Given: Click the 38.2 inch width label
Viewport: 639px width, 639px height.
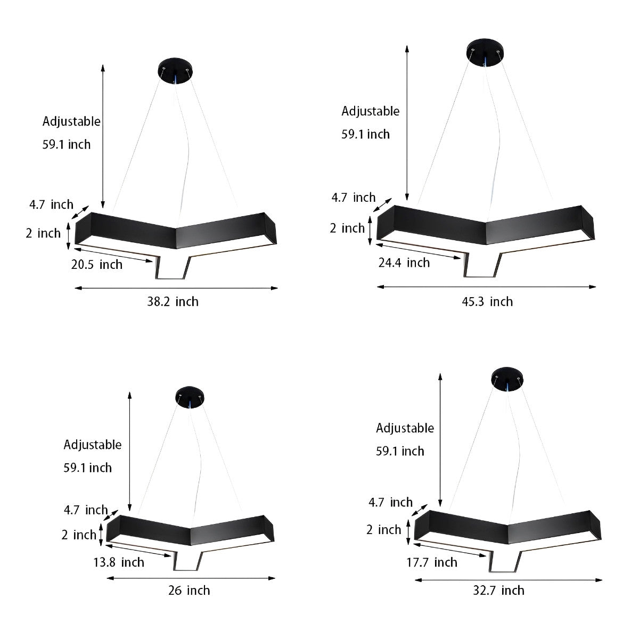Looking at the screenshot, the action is tap(173, 302).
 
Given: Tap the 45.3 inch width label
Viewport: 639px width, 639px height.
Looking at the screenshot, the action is tap(487, 302).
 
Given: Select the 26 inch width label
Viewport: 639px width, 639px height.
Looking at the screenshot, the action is tap(189, 591).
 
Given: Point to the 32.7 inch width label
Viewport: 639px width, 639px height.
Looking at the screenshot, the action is tap(498, 591).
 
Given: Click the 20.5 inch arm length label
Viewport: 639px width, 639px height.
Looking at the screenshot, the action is tap(97, 265).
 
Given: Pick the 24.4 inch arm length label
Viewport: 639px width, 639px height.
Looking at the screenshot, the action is tap(404, 263).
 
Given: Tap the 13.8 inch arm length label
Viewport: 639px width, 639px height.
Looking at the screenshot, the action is tap(119, 562).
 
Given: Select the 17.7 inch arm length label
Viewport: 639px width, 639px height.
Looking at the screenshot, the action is tap(432, 562).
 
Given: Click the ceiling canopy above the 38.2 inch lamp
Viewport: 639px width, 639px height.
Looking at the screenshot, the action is tap(175, 71).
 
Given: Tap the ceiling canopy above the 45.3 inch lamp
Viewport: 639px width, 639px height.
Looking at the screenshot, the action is tap(485, 52).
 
